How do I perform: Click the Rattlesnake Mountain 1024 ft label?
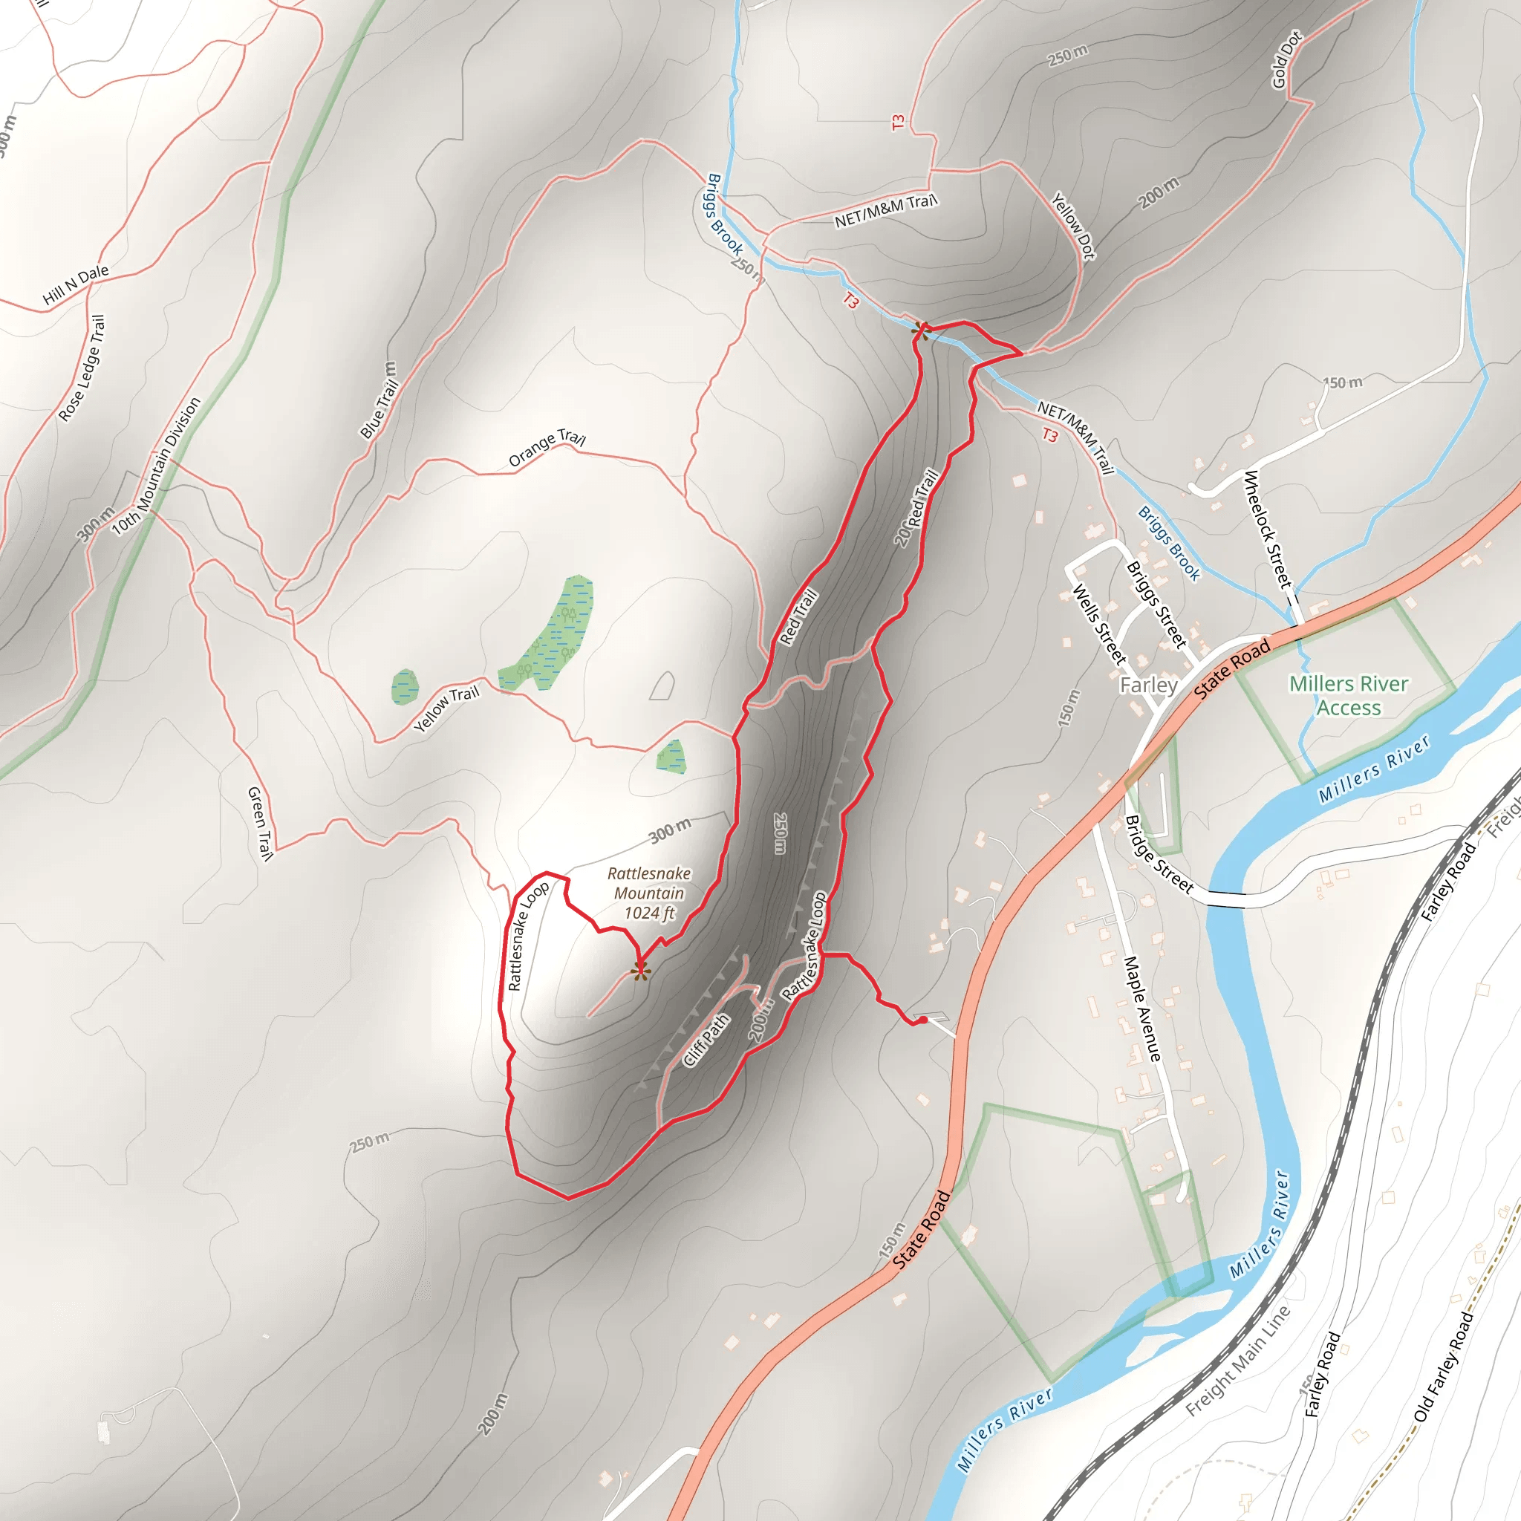pos(648,893)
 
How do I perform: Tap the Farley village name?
pos(1149,685)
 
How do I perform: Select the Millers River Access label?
pos(1349,695)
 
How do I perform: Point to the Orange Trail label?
pos(547,448)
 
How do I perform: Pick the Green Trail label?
pos(260,823)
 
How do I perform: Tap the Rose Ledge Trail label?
pos(81,368)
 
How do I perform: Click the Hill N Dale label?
pos(76,284)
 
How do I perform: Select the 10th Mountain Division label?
pos(156,467)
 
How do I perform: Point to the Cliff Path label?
pos(706,1040)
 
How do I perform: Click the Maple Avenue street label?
pos(1141,1009)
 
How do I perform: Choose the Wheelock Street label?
pos(1268,529)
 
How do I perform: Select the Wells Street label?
pos(1099,625)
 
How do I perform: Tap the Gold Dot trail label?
pos(1287,60)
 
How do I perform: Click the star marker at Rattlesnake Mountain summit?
pos(641,971)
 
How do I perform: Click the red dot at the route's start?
pos(922,1021)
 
